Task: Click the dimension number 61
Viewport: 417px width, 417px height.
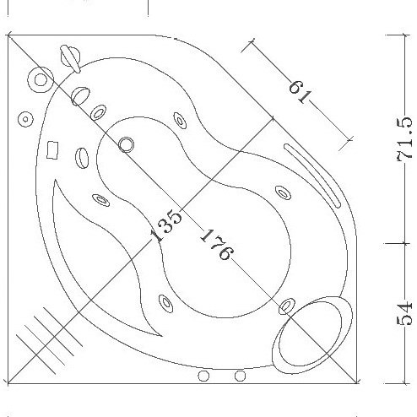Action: [x=301, y=91]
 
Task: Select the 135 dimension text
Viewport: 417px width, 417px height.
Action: [x=166, y=225]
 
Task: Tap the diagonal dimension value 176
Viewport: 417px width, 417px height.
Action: [x=217, y=244]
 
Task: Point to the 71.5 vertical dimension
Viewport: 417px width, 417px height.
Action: [x=404, y=139]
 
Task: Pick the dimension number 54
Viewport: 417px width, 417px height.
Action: [x=404, y=314]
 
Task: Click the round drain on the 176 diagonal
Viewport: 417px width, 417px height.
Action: [x=126, y=145]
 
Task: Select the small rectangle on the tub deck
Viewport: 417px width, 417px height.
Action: [x=52, y=150]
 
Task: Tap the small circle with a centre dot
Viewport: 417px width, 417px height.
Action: [x=25, y=119]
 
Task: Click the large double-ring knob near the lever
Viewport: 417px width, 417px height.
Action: [x=41, y=79]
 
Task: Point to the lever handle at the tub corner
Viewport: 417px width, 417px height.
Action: [x=70, y=59]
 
